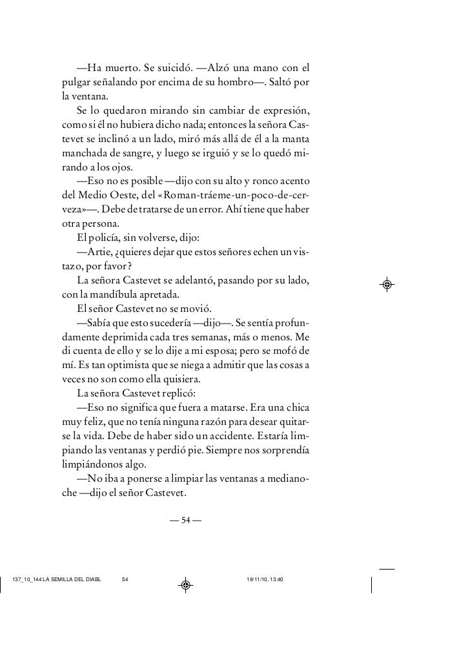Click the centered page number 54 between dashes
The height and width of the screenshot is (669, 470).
tap(185, 522)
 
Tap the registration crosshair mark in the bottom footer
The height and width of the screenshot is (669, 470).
tap(185, 585)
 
